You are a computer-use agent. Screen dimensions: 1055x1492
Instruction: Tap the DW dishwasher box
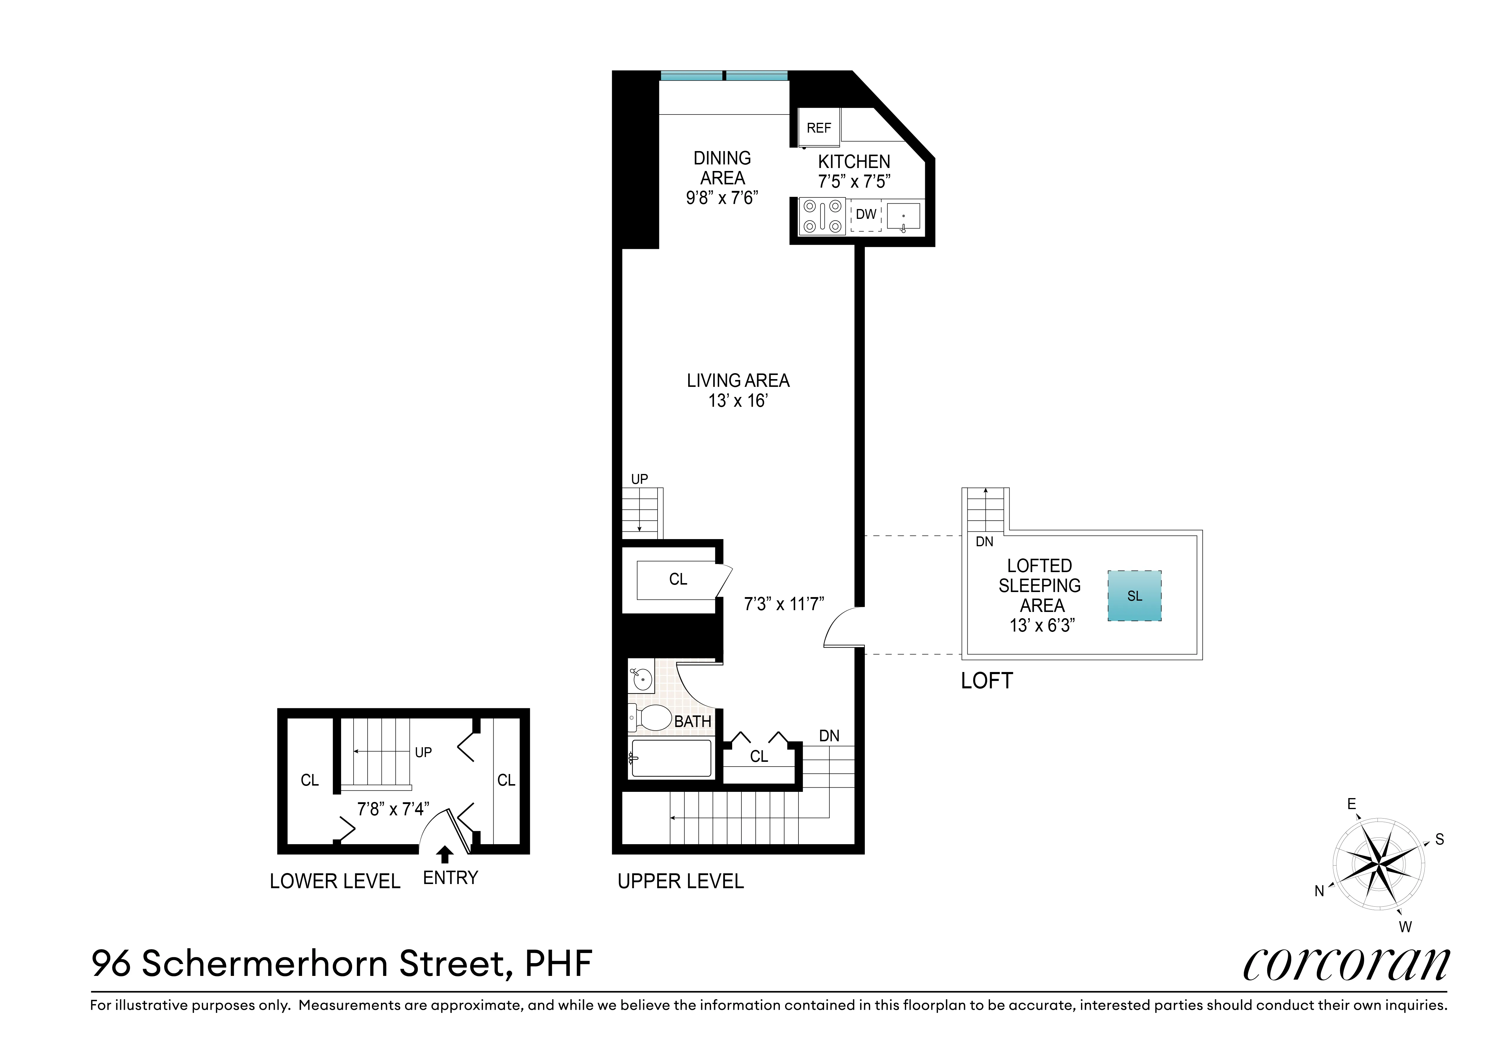(866, 214)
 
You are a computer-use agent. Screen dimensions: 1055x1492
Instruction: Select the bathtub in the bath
(671, 758)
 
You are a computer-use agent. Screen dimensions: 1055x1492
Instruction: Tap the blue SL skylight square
(1134, 596)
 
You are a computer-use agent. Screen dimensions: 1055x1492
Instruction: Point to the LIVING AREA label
(738, 381)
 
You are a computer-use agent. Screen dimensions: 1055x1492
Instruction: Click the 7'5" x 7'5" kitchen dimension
(854, 182)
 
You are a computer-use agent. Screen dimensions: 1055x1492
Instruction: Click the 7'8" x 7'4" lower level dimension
(393, 809)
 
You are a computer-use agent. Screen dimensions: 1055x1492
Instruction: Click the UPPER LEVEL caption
(680, 882)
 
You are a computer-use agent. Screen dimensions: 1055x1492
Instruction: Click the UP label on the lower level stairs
(423, 752)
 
